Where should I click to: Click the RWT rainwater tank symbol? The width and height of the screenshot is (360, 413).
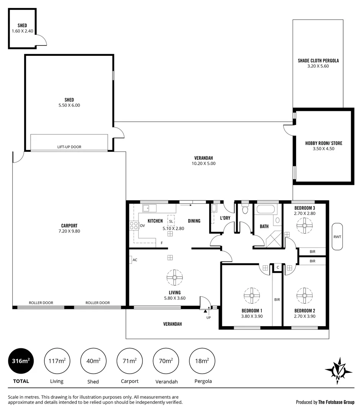(337, 237)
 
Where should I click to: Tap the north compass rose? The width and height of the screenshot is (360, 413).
(339, 370)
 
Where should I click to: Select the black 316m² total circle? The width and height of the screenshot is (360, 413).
(21, 361)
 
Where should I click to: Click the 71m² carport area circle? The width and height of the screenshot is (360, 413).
(129, 361)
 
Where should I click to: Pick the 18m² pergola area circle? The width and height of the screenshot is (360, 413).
(202, 361)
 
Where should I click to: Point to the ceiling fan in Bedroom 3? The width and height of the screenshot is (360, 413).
(305, 226)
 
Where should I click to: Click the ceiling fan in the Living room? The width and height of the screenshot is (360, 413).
(174, 278)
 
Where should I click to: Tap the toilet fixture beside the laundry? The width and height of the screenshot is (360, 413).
(245, 210)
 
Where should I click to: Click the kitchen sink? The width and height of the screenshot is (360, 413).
(147, 208)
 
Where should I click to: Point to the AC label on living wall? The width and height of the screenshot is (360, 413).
(135, 260)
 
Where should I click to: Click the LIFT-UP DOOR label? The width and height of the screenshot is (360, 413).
(69, 147)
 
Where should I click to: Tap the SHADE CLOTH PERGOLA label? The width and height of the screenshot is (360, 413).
(318, 60)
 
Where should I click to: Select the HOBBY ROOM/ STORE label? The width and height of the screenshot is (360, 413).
(323, 143)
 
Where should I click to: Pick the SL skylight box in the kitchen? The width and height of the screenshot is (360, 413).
(171, 221)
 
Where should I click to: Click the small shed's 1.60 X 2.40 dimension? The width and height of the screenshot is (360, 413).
(22, 31)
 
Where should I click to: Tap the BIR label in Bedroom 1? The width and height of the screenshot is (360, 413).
(277, 300)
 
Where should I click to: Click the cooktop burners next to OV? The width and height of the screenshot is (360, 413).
(134, 226)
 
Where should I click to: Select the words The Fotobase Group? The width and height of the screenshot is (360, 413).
(336, 402)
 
